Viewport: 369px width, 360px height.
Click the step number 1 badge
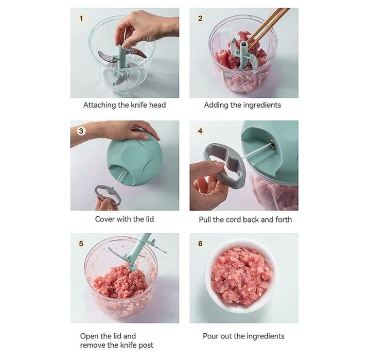coord(81,19)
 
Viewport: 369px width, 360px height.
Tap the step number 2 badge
coord(200,19)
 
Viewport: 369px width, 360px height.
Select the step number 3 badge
coord(81,131)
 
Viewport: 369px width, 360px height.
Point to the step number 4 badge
coord(200,131)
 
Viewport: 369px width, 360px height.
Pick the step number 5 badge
coord(81,244)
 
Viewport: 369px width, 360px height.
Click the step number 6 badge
coord(200,244)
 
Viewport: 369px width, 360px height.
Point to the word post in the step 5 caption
coord(146,346)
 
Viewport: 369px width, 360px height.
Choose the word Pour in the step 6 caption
coord(210,336)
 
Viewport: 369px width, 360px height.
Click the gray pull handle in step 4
coord(224,165)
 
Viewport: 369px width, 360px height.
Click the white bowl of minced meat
coord(242,276)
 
